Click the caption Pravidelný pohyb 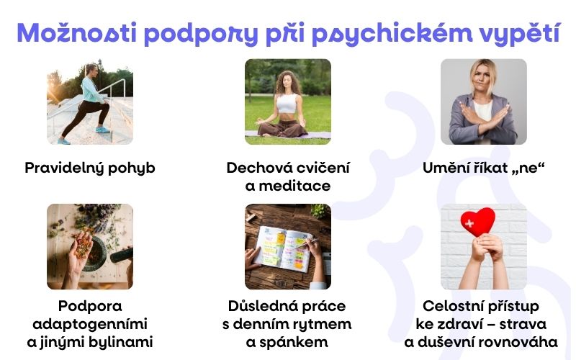click(x=90, y=168)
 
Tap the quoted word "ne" click(x=528, y=168)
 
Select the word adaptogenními click(x=90, y=323)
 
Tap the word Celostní click(x=453, y=305)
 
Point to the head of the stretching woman click(x=91, y=71)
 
